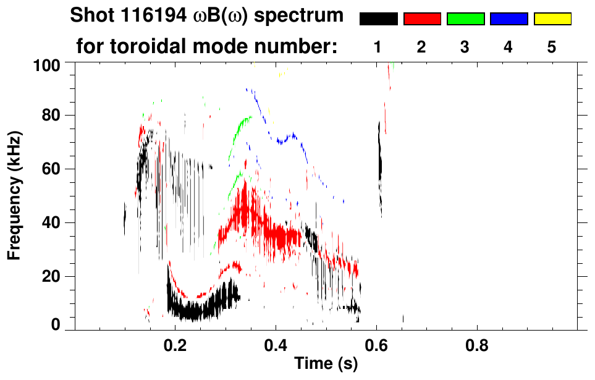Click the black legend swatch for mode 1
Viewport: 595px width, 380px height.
click(378, 19)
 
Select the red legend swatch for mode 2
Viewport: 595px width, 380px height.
click(422, 19)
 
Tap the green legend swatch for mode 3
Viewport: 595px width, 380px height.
click(465, 19)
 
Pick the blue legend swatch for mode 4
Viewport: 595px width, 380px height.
click(508, 19)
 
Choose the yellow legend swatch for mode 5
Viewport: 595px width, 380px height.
click(552, 19)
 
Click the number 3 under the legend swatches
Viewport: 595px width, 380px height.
click(465, 47)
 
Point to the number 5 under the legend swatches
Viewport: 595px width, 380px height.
click(552, 47)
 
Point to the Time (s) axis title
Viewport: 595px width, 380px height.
click(325, 365)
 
